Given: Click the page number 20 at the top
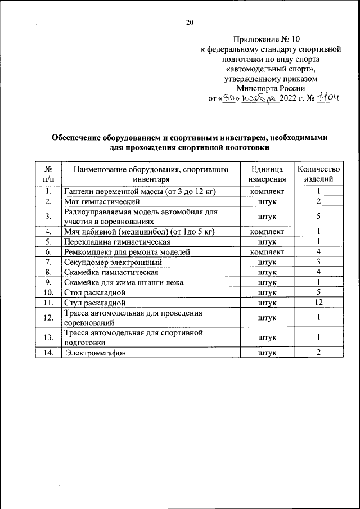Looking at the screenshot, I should click(x=190, y=22).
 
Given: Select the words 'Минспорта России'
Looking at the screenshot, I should click(x=271, y=88).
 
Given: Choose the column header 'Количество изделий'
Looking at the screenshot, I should click(x=318, y=174).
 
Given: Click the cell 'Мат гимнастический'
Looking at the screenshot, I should click(x=101, y=201).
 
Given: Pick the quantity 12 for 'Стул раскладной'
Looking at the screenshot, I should click(x=318, y=303).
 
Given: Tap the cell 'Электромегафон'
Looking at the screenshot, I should click(x=94, y=353).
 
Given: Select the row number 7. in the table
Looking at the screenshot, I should click(x=48, y=262).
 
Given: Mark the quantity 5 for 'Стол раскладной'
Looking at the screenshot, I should click(x=318, y=292).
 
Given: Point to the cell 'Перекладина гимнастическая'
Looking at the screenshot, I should click(x=117, y=242).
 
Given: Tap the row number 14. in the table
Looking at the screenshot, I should click(x=48, y=353).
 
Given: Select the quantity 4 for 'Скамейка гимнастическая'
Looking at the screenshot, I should click(x=318, y=272).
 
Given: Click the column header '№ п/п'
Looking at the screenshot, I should click(x=48, y=174).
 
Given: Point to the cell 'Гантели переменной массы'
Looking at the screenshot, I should click(x=140, y=191).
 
